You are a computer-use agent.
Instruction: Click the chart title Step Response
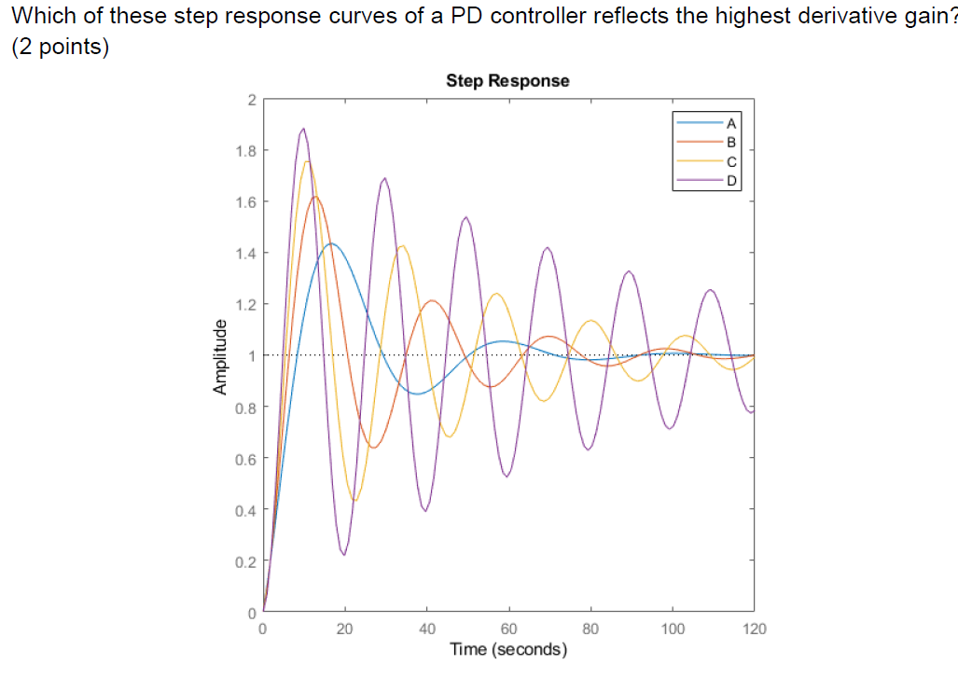pos(507,81)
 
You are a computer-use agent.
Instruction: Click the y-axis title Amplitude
pos(220,355)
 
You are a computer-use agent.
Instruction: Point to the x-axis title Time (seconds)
pos(507,649)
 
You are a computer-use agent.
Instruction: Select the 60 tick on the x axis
pos(508,630)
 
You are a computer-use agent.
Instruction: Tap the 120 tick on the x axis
pos(754,630)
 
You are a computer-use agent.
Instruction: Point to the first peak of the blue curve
pos(330,244)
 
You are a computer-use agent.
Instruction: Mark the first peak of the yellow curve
pos(307,161)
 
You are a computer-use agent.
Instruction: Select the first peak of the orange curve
pos(315,196)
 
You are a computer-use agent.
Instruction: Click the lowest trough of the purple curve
pos(344,555)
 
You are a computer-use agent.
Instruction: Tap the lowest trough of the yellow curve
pos(355,501)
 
